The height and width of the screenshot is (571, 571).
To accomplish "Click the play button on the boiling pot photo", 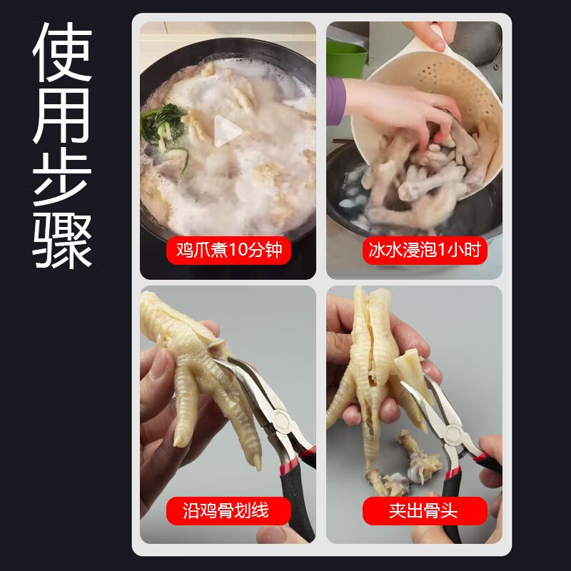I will [228, 131].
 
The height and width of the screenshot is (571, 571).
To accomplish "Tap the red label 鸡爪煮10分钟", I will [229, 251].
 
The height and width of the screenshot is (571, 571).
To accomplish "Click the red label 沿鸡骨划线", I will [229, 511].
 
